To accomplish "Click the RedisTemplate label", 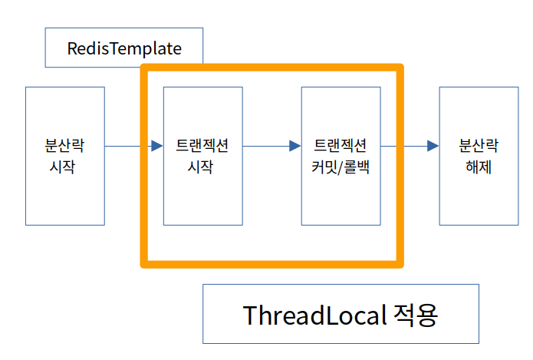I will tap(124, 48).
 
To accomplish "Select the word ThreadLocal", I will tap(312, 315).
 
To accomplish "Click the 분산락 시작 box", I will tap(65, 155).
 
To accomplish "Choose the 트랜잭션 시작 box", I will tap(203, 155).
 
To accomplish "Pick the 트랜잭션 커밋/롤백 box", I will tap(341, 155).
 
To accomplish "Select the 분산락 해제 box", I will tap(479, 155).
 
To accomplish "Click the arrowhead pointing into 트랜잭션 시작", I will tap(157, 146).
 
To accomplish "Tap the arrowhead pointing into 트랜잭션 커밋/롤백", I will tap(294, 146).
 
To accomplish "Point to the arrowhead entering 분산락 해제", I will tap(433, 146).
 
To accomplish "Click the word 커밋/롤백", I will tap(341, 167).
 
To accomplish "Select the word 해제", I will tap(479, 167).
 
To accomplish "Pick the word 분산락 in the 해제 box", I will tap(479, 144).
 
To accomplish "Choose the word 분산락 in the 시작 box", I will tap(64, 144).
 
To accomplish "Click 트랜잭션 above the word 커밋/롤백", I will tap(341, 144).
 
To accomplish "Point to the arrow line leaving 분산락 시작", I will tap(127, 146).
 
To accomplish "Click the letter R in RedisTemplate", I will tap(72, 48).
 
